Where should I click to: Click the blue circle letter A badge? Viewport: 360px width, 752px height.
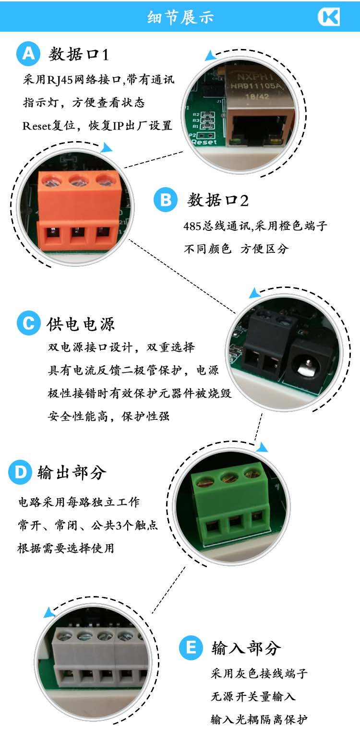pos(28,54)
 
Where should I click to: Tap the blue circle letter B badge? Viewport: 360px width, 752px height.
pos(166,200)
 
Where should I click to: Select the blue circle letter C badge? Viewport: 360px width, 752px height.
pos(28,323)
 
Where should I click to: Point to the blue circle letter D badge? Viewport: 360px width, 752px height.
pos(21,472)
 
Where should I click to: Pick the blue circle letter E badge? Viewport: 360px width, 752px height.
pos(191,648)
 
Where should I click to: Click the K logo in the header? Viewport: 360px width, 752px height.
pos(328,17)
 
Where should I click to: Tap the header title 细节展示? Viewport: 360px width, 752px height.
pos(180,17)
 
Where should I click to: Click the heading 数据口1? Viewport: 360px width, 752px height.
pos(79,54)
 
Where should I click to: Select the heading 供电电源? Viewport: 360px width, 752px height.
pos(81,324)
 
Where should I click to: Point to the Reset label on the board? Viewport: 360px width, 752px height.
pos(204,142)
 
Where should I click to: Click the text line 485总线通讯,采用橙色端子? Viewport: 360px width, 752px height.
pos(255,226)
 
